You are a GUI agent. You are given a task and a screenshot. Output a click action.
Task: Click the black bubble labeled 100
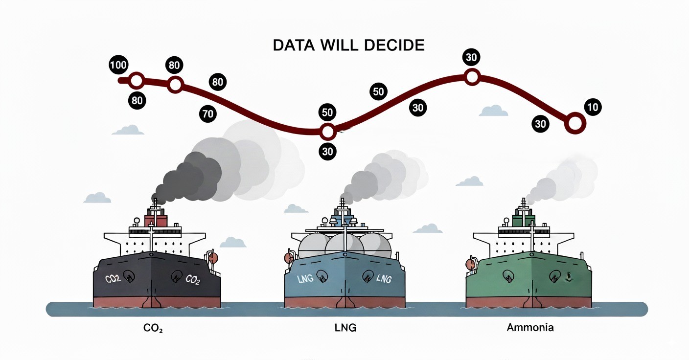(x=118, y=65)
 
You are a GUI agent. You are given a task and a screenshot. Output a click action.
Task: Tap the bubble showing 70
(x=208, y=114)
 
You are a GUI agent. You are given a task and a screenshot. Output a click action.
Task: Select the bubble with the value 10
(x=593, y=107)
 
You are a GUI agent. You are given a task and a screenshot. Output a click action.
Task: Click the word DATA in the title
(x=294, y=45)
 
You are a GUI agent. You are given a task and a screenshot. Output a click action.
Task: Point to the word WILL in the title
(x=340, y=45)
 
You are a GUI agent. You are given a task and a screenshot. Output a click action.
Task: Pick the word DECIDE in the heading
(x=394, y=45)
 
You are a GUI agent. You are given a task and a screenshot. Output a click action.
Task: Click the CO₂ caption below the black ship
(x=153, y=328)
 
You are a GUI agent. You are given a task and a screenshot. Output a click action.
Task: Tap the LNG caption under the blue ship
(x=345, y=328)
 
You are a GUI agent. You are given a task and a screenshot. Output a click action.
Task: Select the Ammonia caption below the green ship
(x=530, y=327)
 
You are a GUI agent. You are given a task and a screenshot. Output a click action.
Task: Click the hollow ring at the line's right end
(x=575, y=123)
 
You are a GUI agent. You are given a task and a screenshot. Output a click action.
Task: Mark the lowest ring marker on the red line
(x=327, y=132)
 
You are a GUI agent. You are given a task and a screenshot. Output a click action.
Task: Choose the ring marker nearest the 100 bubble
(x=137, y=81)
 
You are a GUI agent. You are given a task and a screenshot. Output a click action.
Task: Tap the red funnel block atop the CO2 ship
(x=156, y=221)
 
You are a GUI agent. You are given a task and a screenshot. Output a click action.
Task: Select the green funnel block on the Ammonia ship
(x=524, y=220)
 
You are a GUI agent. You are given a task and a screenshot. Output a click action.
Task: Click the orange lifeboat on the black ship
(x=212, y=258)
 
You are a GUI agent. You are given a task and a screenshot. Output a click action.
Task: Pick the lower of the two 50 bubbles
(x=327, y=112)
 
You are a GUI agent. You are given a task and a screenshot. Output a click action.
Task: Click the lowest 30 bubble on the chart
(x=327, y=152)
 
